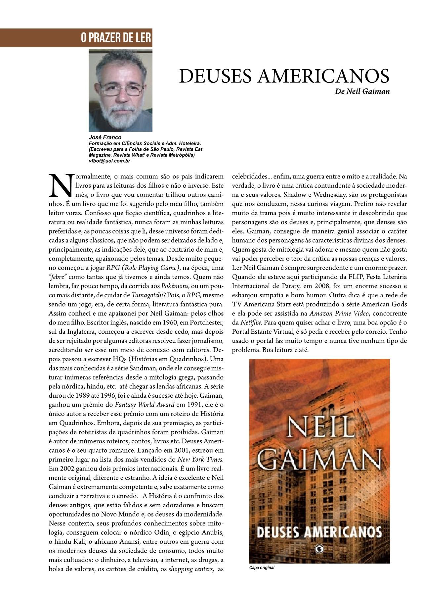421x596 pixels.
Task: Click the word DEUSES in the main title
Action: (215, 76)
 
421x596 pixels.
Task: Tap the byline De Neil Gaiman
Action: (362, 92)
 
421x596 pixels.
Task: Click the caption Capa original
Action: (262, 568)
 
